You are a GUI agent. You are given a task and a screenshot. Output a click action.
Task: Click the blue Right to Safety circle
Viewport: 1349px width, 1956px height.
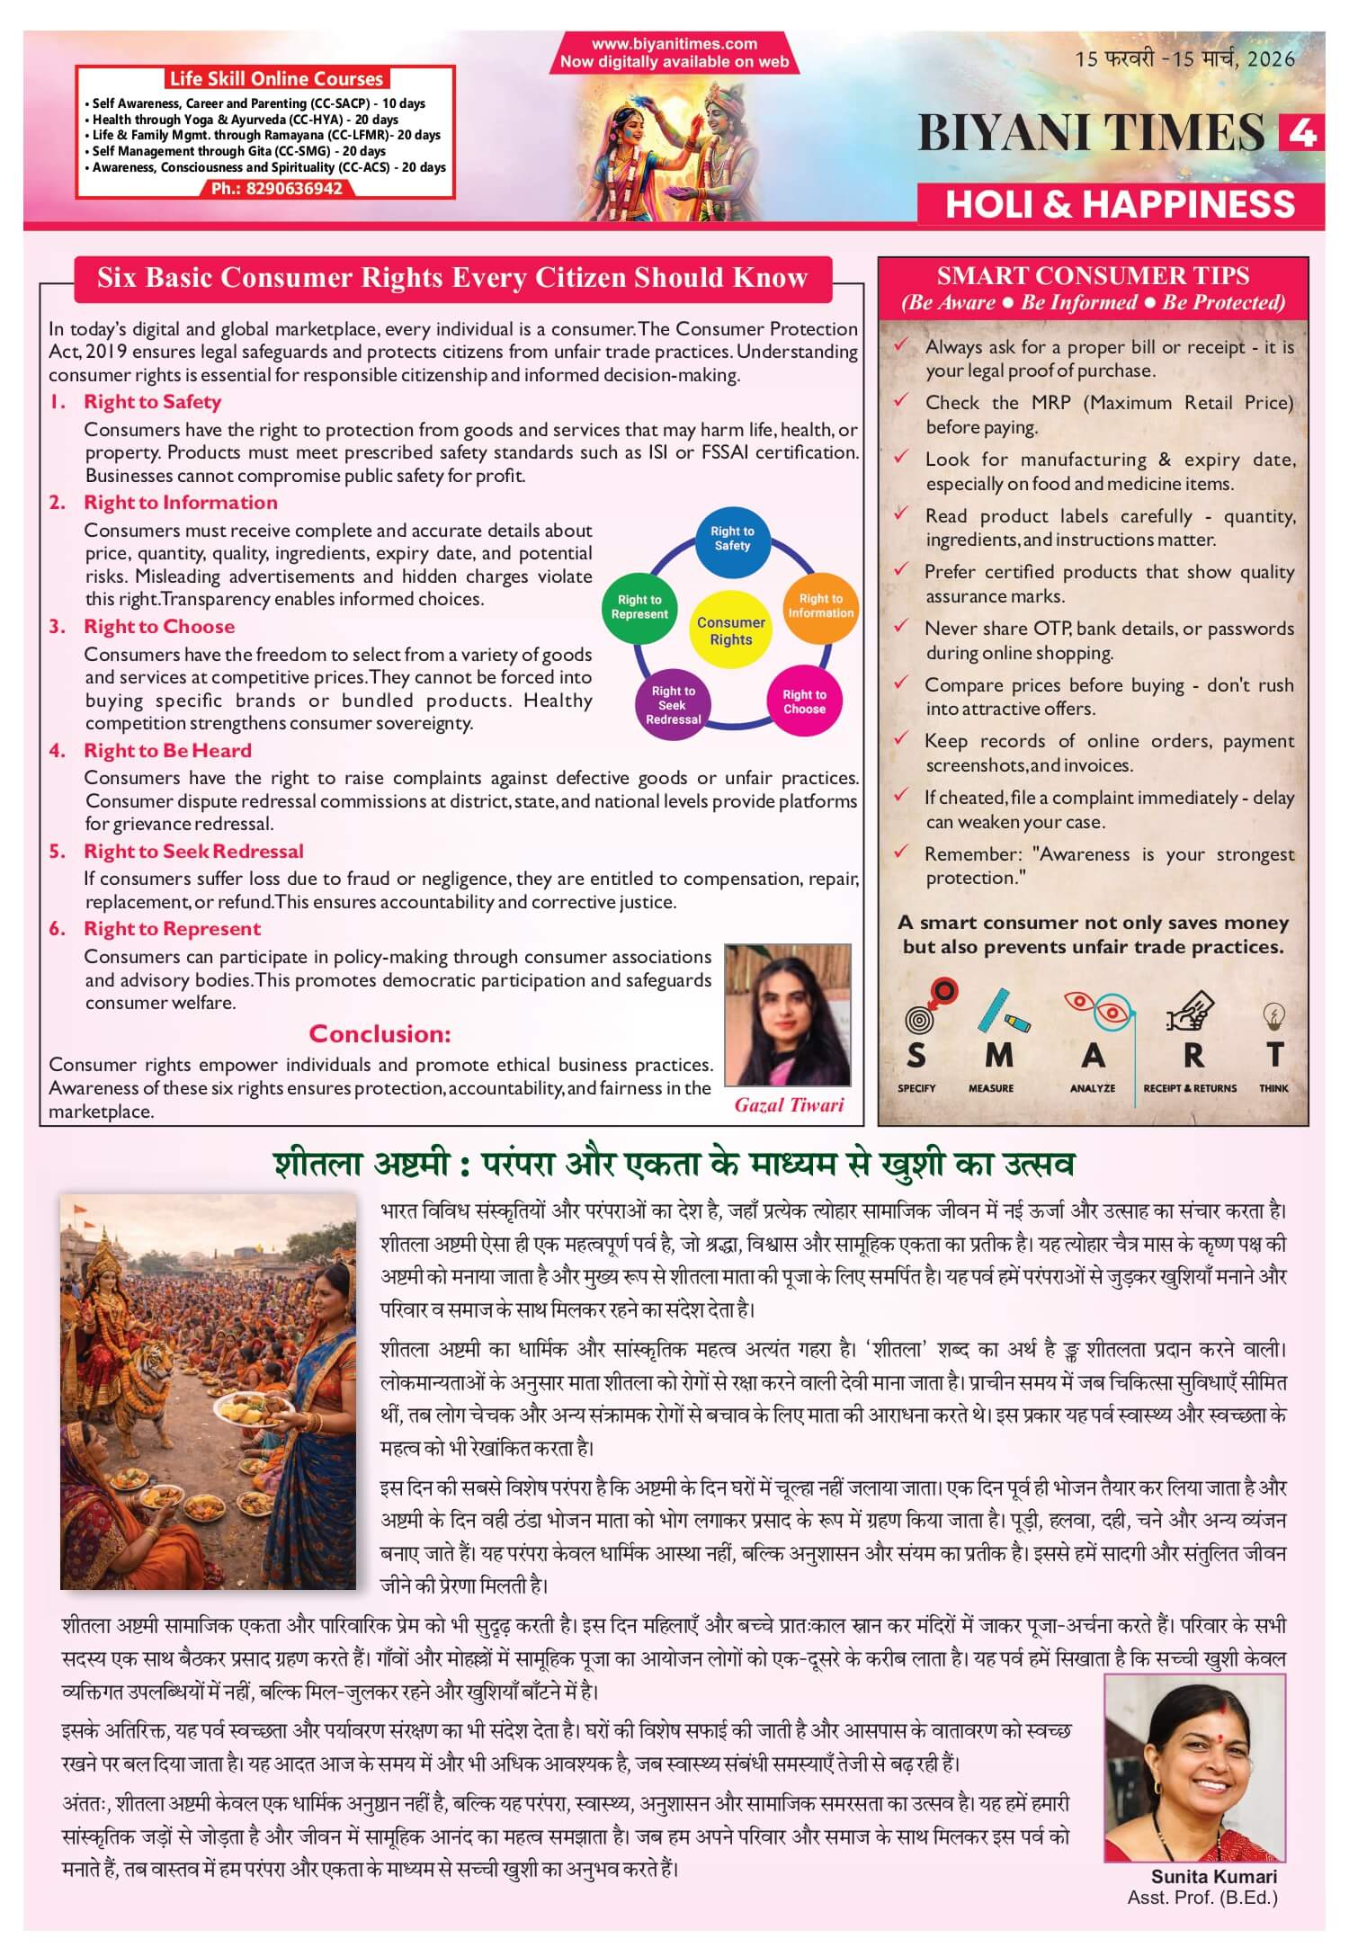tap(732, 539)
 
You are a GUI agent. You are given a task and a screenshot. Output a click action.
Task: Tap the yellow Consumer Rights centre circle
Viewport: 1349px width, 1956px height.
tap(730, 630)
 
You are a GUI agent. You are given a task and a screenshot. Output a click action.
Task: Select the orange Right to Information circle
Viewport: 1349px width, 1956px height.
tap(820, 605)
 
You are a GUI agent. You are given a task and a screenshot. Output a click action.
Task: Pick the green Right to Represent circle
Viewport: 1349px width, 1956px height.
tap(639, 607)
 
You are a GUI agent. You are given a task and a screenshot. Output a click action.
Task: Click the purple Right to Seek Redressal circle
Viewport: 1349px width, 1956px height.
tap(673, 705)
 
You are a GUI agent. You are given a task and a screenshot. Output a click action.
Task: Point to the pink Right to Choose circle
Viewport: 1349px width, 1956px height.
tap(804, 701)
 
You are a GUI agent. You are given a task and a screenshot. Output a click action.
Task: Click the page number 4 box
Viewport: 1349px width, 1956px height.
tap(1301, 133)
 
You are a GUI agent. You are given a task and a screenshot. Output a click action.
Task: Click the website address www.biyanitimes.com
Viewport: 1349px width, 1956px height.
tap(674, 43)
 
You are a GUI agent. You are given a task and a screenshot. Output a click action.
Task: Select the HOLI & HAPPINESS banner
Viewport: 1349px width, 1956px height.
tap(1120, 204)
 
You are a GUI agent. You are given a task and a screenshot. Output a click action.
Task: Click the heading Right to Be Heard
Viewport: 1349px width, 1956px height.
tap(167, 750)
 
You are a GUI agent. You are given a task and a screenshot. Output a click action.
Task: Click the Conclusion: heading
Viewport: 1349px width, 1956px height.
tap(380, 1033)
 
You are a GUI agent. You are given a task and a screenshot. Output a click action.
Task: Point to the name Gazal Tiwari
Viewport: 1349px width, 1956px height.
tap(789, 1105)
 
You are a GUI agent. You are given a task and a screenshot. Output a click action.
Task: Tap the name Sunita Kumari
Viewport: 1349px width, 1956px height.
tap(1213, 1876)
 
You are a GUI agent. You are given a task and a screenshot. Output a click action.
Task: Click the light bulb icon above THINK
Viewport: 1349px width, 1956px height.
tap(1273, 1015)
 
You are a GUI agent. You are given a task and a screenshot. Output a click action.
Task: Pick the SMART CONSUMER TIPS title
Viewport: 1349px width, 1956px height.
tap(1093, 275)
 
